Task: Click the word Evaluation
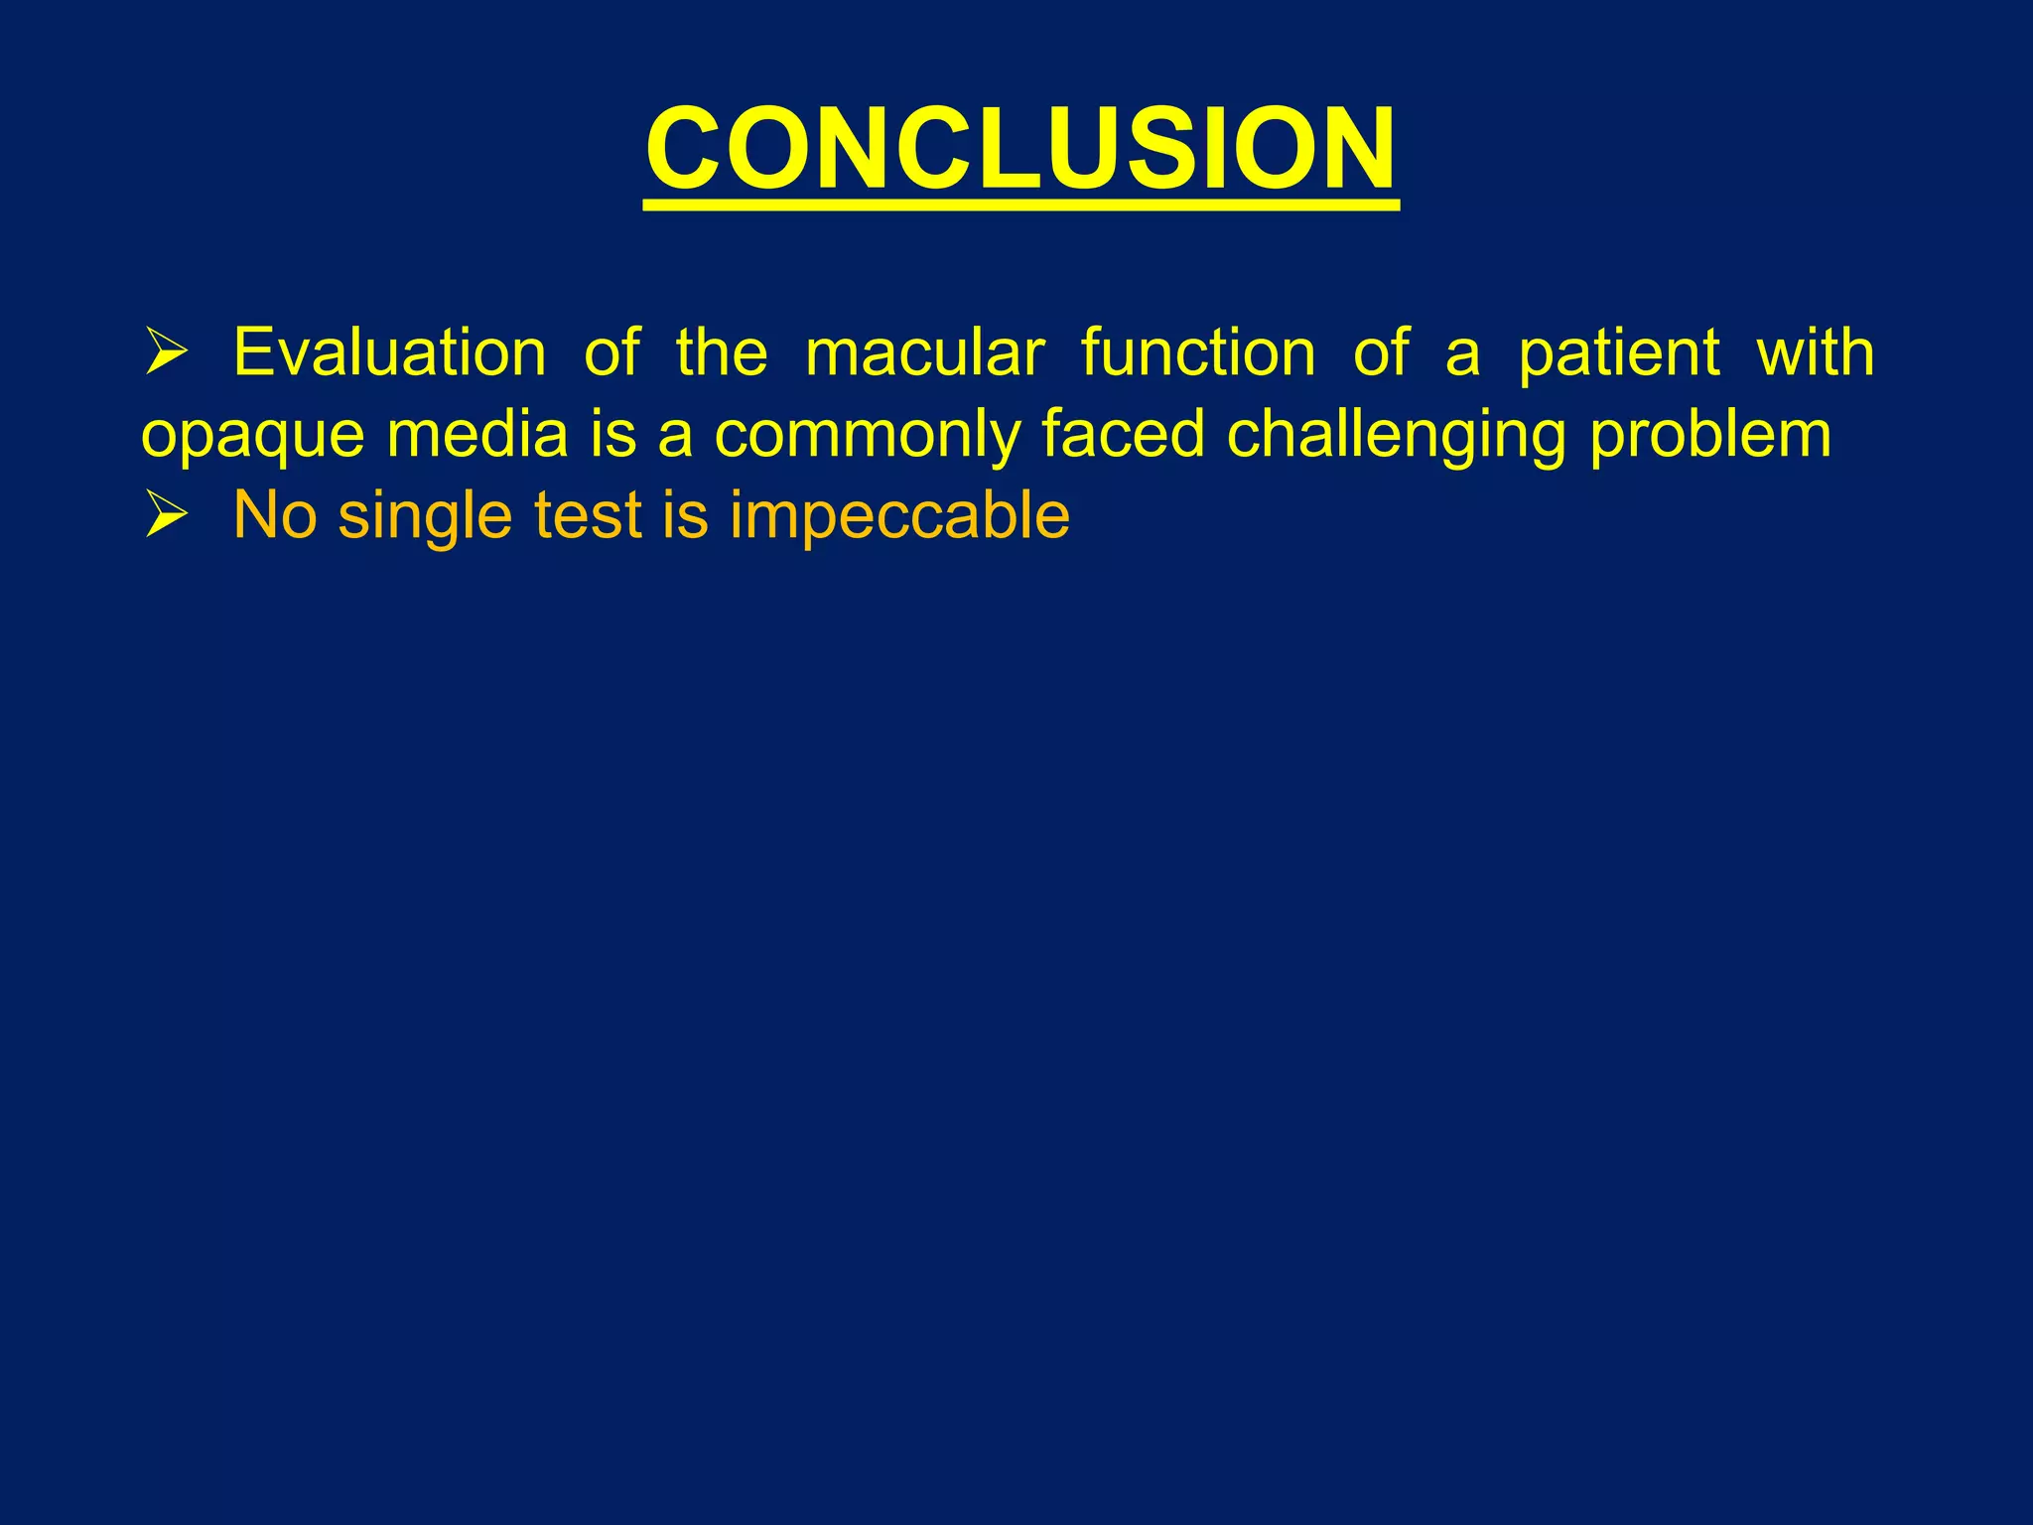(x=389, y=352)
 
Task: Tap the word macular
(x=924, y=352)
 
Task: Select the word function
(x=1198, y=352)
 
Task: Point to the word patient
(x=1619, y=352)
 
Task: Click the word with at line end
(x=1815, y=352)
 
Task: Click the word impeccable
(x=899, y=515)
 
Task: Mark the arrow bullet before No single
(x=166, y=517)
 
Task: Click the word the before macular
(x=722, y=352)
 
